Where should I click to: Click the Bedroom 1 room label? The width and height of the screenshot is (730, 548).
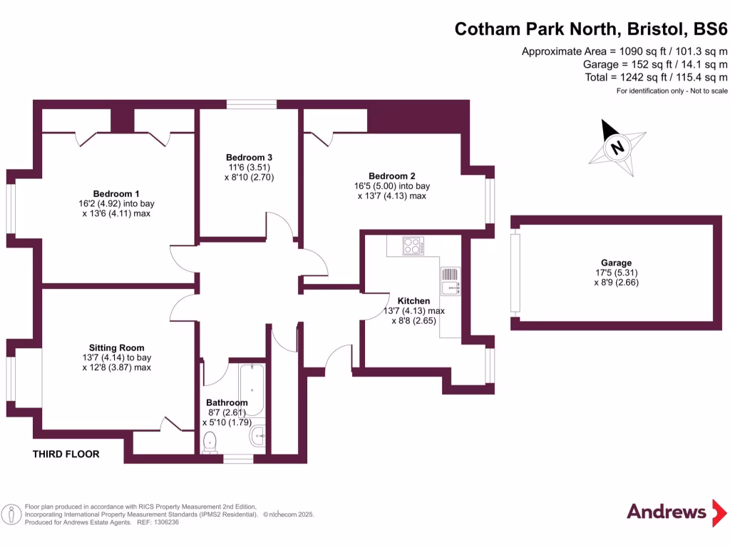pyautogui.click(x=116, y=193)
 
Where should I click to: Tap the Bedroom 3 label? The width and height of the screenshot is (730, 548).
pyautogui.click(x=250, y=157)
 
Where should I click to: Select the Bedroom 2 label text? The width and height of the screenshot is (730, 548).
pyautogui.click(x=391, y=176)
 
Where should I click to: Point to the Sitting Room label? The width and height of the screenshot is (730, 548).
pyautogui.click(x=117, y=347)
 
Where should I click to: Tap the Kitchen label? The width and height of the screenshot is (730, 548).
pyautogui.click(x=413, y=301)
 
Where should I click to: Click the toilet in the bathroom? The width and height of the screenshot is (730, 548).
pyautogui.click(x=211, y=442)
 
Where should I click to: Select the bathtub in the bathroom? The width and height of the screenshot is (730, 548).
pyautogui.click(x=252, y=390)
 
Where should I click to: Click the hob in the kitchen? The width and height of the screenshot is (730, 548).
pyautogui.click(x=413, y=246)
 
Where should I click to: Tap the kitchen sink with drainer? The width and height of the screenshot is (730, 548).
pyautogui.click(x=451, y=281)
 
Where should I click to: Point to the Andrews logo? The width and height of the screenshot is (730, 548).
pyautogui.click(x=667, y=512)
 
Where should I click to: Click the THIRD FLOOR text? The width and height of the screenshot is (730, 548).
pyautogui.click(x=66, y=454)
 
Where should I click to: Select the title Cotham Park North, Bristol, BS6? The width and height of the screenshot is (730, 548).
pyautogui.click(x=591, y=29)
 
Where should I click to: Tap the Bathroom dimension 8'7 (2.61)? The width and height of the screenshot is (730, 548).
pyautogui.click(x=226, y=412)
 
